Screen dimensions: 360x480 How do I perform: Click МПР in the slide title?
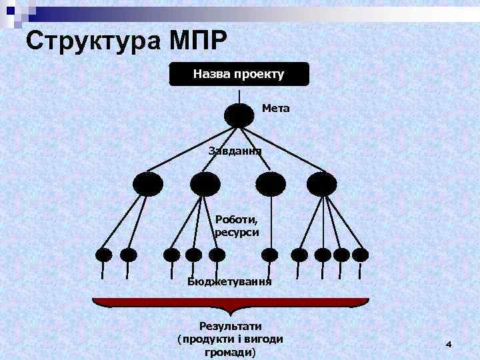point(194,41)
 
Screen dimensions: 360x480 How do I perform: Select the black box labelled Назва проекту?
point(239,74)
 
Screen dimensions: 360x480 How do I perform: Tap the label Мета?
point(276,107)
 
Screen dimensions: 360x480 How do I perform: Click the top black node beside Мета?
point(239,115)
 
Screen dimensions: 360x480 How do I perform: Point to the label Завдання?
point(235,151)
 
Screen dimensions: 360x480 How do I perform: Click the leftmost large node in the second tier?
point(147,183)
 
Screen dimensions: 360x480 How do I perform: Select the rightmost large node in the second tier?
point(322,183)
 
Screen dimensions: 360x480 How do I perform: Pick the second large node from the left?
point(205,183)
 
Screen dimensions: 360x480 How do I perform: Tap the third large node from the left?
point(271,183)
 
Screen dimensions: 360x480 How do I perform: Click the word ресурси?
point(237,232)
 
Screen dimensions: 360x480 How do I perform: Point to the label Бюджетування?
point(230,281)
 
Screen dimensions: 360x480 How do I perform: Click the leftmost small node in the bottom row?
point(103,254)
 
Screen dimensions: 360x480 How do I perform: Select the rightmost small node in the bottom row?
point(360,254)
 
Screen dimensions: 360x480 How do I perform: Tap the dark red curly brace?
point(231,304)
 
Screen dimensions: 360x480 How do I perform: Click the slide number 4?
point(448,344)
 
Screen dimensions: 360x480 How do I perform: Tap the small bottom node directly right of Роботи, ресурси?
point(269,254)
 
